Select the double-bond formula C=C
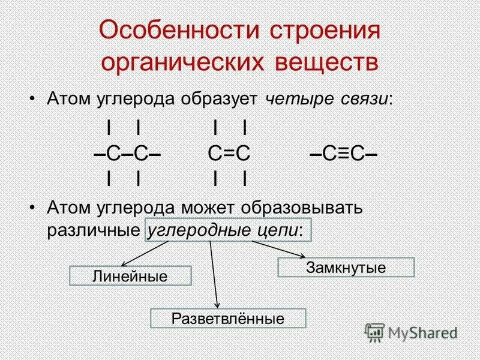tap(229, 154)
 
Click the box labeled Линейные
tap(130, 276)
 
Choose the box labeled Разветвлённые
tap(227, 318)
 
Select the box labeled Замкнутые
tap(346, 267)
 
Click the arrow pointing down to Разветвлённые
tap(214, 275)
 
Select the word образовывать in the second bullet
tap(304, 208)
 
